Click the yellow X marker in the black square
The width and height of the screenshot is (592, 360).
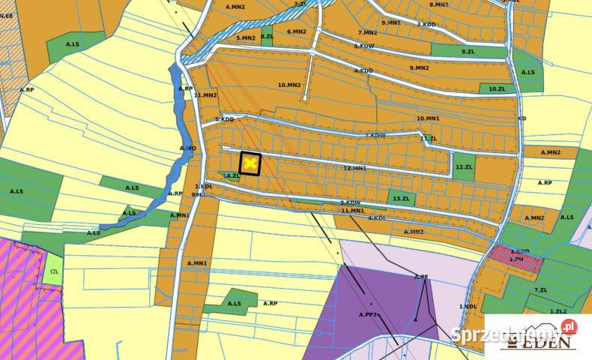pyautogui.click(x=250, y=163)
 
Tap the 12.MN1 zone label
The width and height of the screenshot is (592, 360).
pyautogui.click(x=354, y=168)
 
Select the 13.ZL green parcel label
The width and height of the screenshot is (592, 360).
pyautogui.click(x=401, y=198)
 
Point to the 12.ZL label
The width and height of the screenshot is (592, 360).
pyautogui.click(x=464, y=166)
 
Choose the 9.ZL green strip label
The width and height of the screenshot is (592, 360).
pyautogui.click(x=468, y=51)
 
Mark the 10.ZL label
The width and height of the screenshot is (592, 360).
pyautogui.click(x=496, y=88)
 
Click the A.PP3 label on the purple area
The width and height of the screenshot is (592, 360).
pyautogui.click(x=367, y=314)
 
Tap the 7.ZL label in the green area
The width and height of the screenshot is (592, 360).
pyautogui.click(x=540, y=289)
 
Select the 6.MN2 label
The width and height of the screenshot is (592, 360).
pyautogui.click(x=297, y=31)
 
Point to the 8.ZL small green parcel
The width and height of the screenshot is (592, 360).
pyautogui.click(x=267, y=36)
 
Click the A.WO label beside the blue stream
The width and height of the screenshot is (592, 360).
pyautogui.click(x=187, y=148)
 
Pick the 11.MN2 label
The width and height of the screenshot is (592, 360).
pyautogui.click(x=205, y=95)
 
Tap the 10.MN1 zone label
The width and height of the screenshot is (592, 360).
pyautogui.click(x=427, y=118)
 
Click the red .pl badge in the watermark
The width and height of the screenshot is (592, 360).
pyautogui.click(x=568, y=326)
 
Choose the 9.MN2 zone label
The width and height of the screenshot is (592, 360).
pyautogui.click(x=419, y=67)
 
